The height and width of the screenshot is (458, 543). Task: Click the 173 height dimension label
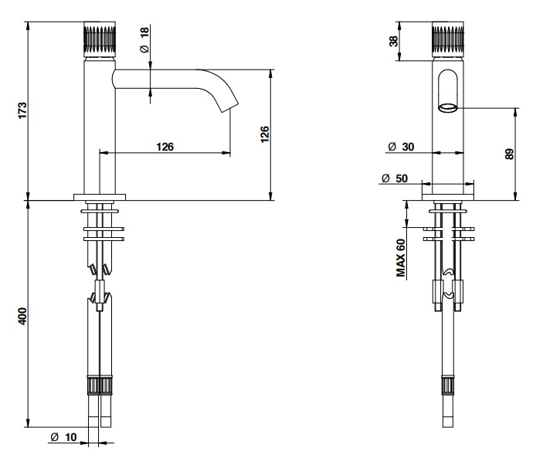coord(22,110)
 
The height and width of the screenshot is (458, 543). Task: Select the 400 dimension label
coord(22,316)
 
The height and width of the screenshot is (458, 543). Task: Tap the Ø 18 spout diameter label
coord(144,39)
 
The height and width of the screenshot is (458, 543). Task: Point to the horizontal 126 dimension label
coord(165,147)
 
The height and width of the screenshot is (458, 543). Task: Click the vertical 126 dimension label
coord(265,134)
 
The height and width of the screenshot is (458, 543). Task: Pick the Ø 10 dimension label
coord(63,437)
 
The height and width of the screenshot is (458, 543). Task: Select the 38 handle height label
coord(394,41)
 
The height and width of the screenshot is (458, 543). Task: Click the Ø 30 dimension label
coord(401,147)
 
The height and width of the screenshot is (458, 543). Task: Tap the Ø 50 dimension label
coord(395,178)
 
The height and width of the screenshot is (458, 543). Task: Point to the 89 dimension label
coord(510,154)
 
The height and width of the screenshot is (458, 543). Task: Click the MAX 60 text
coord(401,258)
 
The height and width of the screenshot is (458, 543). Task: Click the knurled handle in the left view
coord(100,39)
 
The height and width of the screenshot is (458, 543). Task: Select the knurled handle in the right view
coord(448,39)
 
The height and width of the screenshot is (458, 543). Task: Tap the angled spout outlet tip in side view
coord(229,107)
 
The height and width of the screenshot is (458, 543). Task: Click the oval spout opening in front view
coord(448,107)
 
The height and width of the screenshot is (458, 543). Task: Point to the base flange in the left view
coord(100,197)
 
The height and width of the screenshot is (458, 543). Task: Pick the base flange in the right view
coord(448,197)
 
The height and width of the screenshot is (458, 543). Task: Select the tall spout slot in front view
coord(448,90)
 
